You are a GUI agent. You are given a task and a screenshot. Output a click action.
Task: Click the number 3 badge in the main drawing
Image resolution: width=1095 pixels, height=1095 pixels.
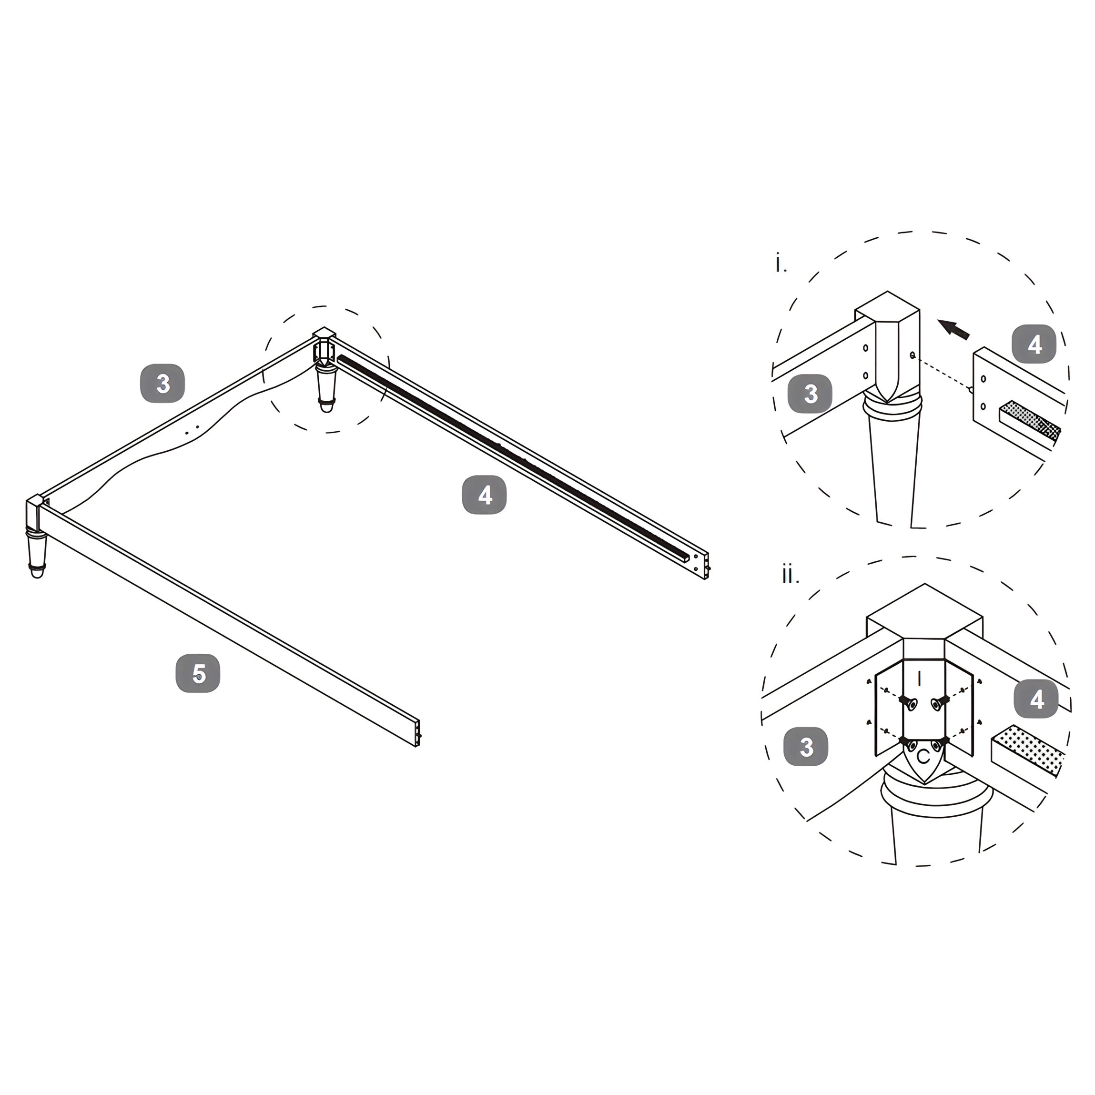162,384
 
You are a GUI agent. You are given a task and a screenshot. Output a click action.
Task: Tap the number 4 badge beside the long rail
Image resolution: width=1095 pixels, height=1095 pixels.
484,495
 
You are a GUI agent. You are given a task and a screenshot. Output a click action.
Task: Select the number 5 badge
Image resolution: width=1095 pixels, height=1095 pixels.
198,673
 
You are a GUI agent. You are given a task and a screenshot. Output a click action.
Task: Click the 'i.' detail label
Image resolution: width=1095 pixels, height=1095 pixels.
781,264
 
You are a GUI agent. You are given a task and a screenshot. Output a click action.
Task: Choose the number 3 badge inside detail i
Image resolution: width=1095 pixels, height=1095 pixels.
811,393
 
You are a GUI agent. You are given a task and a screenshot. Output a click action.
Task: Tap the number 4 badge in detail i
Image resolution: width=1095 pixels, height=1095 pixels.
1034,344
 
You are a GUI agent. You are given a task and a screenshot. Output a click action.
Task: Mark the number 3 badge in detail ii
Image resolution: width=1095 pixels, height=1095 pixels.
806,746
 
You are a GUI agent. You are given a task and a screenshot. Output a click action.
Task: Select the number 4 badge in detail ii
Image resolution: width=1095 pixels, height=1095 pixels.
1036,699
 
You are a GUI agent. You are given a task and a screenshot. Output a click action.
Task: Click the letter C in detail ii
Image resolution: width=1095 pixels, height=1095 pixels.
923,757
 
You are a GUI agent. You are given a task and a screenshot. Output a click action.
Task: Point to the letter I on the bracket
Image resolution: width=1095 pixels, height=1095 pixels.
919,679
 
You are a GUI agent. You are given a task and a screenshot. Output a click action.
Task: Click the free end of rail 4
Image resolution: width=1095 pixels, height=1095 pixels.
706,565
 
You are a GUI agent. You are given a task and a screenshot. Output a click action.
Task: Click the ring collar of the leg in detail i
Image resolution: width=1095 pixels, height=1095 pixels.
892,407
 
